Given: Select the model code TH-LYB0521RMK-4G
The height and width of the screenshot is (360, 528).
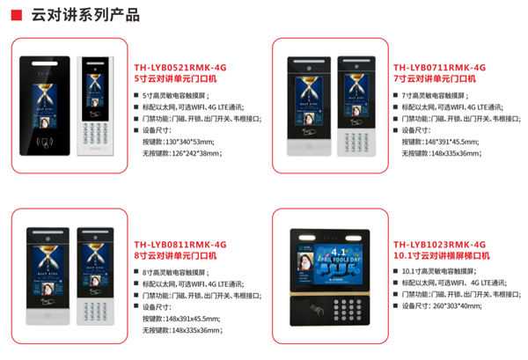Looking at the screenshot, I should (180, 67).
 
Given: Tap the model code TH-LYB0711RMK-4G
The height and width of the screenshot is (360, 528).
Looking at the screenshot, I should (439, 67).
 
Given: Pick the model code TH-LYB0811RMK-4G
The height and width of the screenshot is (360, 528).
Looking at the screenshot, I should (180, 244).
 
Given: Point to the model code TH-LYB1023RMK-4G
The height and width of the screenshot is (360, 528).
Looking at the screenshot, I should (439, 244).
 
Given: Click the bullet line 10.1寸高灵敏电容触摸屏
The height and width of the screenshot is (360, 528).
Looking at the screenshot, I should (442, 270).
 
